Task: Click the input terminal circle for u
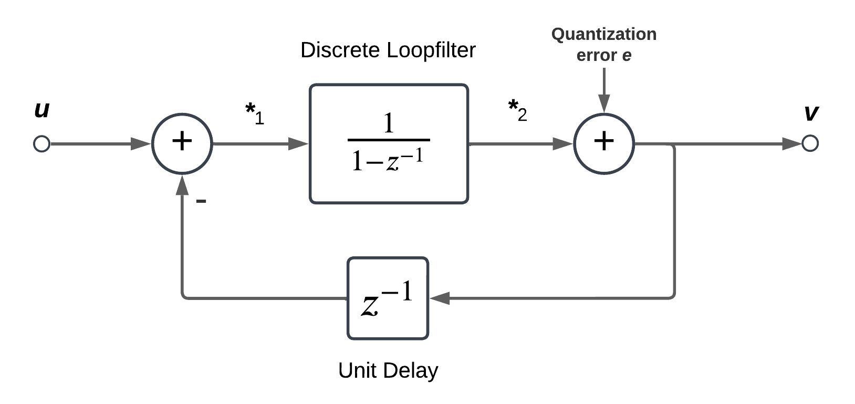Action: (x=41, y=143)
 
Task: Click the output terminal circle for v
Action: (x=810, y=143)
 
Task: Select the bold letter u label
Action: (x=41, y=110)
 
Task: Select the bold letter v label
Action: (x=811, y=112)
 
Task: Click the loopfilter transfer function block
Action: (x=389, y=143)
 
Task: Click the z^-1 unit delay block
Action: (x=388, y=298)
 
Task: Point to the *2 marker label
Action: (x=517, y=110)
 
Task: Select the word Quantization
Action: (x=603, y=34)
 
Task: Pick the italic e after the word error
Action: (x=627, y=55)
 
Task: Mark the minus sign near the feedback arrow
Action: (x=201, y=201)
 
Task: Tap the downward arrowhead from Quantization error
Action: (x=604, y=103)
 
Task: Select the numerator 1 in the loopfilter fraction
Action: (x=389, y=123)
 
